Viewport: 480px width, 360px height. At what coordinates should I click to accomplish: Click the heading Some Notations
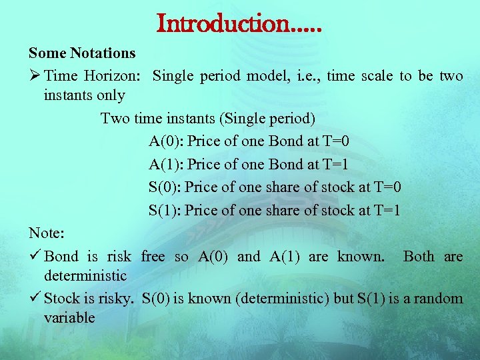82,53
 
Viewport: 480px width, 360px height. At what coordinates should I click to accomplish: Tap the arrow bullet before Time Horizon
35,76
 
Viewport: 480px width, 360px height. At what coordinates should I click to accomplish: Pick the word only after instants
110,95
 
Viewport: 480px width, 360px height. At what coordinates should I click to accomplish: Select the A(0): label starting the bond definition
166,141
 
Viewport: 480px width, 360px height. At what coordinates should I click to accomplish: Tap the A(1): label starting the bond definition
166,165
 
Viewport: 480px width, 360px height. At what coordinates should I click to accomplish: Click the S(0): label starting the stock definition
165,187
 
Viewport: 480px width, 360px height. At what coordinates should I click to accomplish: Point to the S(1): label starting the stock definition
165,211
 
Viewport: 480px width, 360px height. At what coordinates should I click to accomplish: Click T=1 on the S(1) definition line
387,211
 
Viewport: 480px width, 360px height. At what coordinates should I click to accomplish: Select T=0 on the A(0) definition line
336,141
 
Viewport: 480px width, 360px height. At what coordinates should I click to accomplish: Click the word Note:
47,233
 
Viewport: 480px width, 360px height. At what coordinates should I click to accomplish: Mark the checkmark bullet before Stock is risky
35,298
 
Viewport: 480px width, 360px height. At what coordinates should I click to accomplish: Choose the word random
438,298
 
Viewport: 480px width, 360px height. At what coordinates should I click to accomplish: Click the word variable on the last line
69,317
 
